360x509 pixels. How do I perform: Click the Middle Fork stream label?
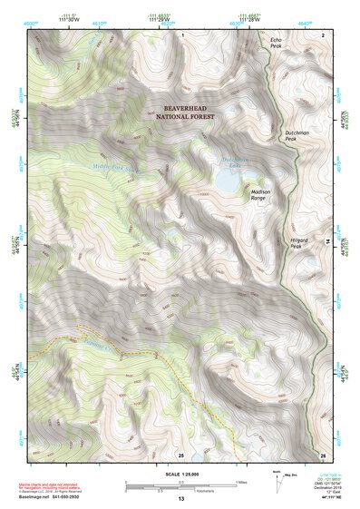(117, 167)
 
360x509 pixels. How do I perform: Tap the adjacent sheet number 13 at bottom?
(180, 500)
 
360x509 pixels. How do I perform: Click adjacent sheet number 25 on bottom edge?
(180, 455)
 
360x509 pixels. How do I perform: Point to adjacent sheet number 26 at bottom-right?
(322, 455)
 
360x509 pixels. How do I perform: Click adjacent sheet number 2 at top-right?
(323, 34)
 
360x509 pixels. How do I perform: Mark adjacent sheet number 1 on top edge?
(181, 34)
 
